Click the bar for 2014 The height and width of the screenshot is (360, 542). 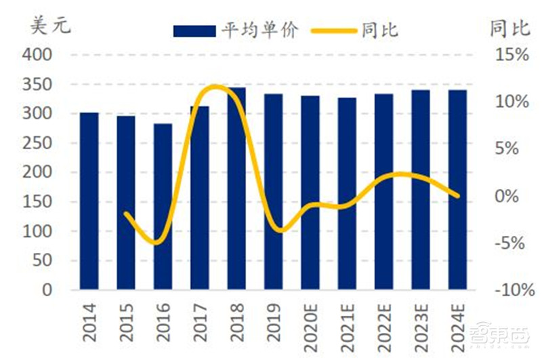coord(89,201)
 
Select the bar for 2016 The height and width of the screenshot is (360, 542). coord(163,207)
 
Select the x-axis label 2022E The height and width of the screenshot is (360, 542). coord(384,325)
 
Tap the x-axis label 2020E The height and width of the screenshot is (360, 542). coord(310,325)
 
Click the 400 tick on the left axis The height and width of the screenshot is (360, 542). coord(39,56)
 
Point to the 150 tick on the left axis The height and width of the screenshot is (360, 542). coord(39,202)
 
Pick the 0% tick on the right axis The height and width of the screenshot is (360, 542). coord(513,196)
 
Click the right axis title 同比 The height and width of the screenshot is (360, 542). coord(509,28)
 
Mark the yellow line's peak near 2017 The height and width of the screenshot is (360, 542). coord(214,86)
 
